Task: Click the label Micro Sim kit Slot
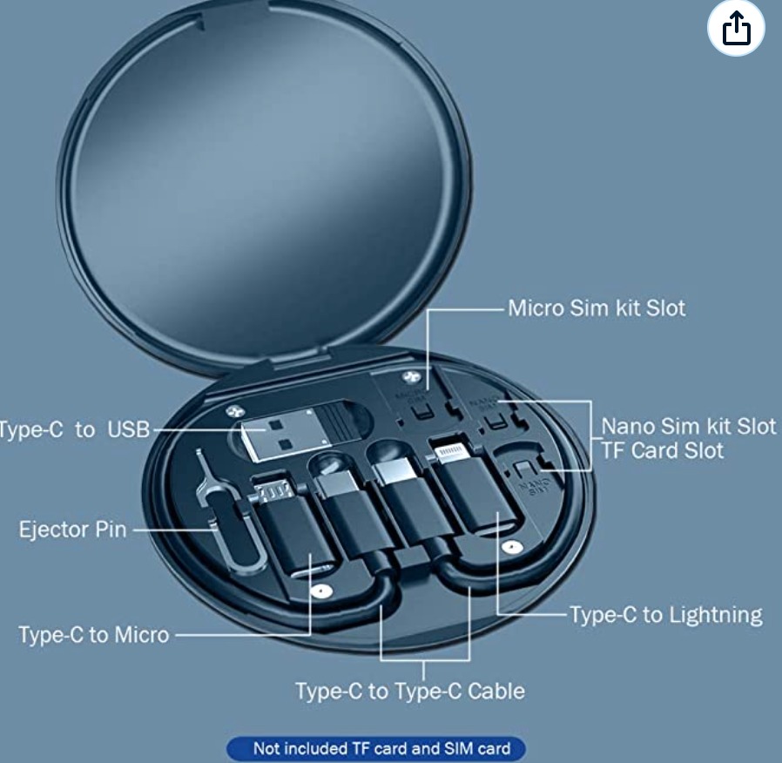597,308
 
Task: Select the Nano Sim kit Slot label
688,427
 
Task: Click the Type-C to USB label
75,429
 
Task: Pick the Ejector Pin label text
73,530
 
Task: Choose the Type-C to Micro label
94,634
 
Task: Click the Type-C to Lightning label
666,614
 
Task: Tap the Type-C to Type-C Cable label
409,691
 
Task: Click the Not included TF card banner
376,747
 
